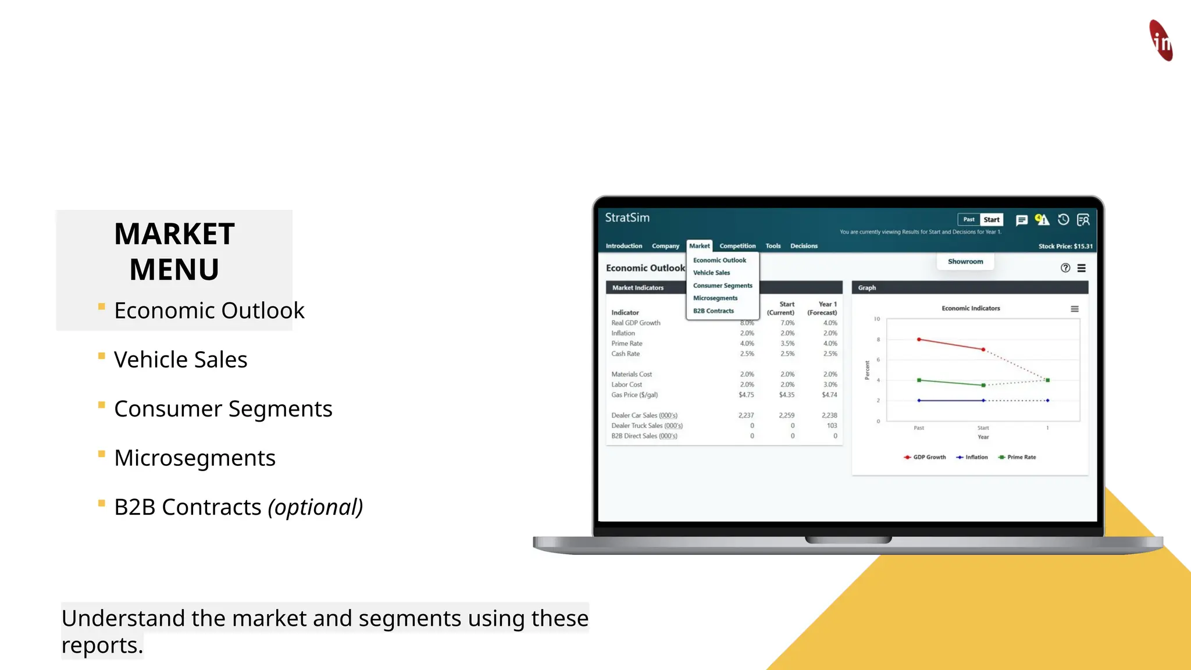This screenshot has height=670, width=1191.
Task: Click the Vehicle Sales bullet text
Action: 180,360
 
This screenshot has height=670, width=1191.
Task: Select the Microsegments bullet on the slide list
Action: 194,458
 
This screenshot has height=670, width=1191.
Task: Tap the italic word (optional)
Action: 315,507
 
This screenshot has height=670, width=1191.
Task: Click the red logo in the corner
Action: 1161,40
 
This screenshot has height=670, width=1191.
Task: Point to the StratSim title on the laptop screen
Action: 627,218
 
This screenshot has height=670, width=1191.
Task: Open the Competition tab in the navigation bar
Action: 737,246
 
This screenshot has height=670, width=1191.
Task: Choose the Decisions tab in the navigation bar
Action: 804,246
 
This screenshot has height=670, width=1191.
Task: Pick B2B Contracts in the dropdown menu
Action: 714,311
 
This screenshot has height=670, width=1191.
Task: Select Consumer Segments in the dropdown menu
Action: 722,286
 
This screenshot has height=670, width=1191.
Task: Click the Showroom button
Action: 965,262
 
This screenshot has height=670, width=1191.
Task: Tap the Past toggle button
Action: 969,220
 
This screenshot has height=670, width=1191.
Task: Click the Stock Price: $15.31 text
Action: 1065,247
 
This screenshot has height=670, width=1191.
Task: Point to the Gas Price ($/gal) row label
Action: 634,395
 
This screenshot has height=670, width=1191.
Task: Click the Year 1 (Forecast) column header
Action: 822,308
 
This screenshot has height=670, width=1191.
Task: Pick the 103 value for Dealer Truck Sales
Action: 832,426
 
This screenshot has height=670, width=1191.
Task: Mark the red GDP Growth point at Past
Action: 919,339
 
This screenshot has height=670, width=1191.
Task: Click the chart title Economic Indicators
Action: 971,308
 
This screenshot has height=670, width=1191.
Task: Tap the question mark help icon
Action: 1065,268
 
